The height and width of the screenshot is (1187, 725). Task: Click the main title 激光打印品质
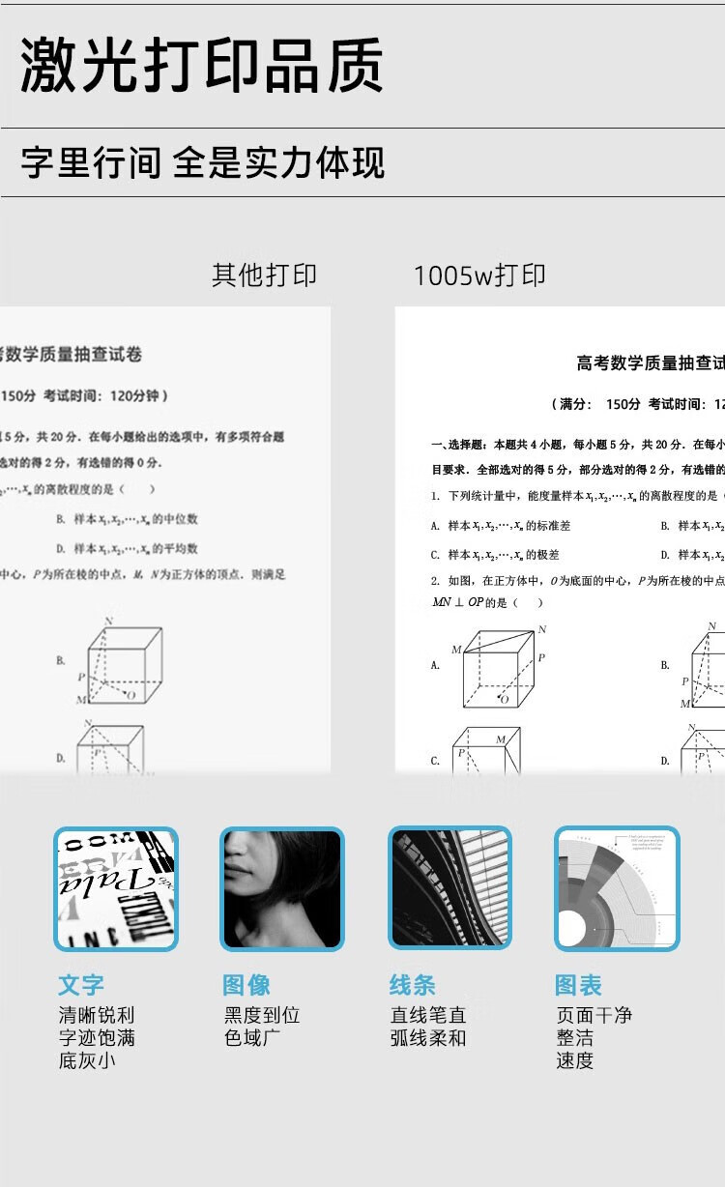tap(202, 66)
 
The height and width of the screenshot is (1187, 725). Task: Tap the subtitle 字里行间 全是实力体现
tap(203, 163)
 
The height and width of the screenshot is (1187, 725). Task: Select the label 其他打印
tap(264, 275)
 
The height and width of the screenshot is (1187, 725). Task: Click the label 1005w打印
tap(479, 275)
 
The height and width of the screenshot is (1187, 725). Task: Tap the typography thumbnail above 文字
tap(116, 888)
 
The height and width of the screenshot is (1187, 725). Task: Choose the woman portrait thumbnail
tap(282, 888)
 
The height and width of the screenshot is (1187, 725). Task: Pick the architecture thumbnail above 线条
tap(449, 888)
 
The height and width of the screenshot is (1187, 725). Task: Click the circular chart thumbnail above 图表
tap(617, 888)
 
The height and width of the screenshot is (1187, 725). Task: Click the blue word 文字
tap(81, 985)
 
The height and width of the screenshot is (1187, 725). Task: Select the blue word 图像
tap(246, 985)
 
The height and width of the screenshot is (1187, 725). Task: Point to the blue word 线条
tap(413, 985)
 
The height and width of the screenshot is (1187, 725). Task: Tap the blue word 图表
tap(578, 985)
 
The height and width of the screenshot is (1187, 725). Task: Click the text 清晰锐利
tap(97, 1016)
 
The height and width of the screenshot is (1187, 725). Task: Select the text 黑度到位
tap(262, 1016)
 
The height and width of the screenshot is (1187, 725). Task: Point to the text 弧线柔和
tap(428, 1038)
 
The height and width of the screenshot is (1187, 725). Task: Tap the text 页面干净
tap(594, 1016)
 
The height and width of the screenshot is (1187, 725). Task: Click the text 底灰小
tap(86, 1060)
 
